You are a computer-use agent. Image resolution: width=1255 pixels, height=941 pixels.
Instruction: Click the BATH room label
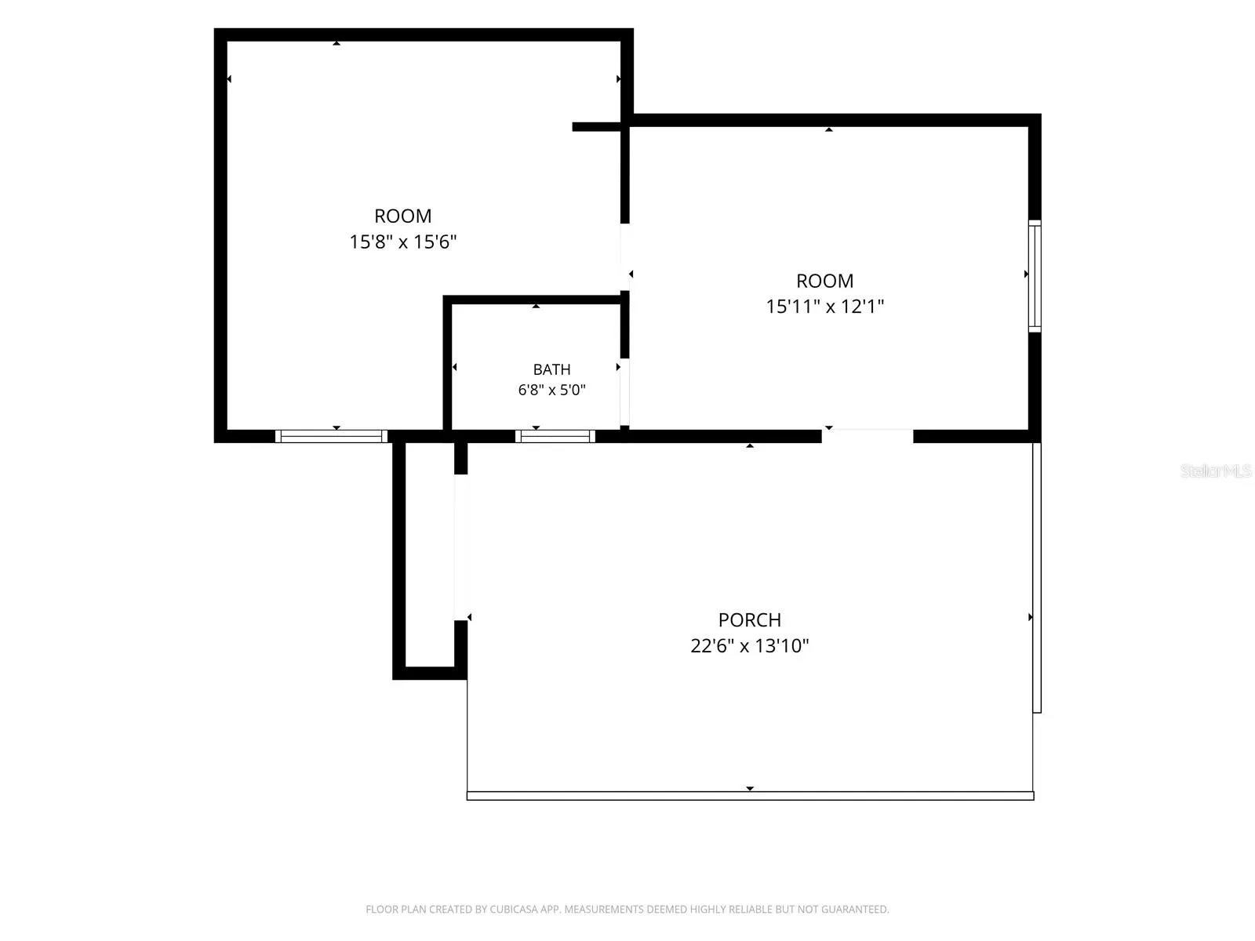(x=551, y=369)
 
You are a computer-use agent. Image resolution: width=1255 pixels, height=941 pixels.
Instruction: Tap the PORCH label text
(x=749, y=620)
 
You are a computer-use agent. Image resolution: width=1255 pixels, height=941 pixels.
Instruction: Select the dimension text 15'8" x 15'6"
(x=402, y=242)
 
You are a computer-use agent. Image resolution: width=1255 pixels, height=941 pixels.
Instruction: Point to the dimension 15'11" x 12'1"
(x=824, y=307)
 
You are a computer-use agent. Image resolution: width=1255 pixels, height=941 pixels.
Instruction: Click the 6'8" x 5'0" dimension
(x=551, y=391)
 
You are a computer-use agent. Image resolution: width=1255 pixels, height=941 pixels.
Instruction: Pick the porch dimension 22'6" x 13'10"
(x=749, y=646)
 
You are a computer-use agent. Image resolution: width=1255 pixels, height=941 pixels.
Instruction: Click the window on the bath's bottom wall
(x=555, y=437)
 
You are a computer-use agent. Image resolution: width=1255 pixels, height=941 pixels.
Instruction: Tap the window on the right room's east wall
(x=1035, y=276)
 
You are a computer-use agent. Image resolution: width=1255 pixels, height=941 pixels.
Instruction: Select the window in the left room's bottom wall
(x=331, y=437)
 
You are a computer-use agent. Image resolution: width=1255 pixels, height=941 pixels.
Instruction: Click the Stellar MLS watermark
(x=1216, y=470)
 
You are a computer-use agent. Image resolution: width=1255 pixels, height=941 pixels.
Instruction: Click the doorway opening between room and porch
(x=867, y=436)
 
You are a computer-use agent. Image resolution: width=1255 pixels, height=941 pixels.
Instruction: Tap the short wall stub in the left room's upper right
(x=596, y=127)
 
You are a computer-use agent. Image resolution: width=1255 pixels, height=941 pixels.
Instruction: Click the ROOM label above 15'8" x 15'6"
(x=402, y=216)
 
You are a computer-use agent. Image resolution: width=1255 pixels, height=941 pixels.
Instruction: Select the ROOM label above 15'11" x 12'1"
(x=824, y=281)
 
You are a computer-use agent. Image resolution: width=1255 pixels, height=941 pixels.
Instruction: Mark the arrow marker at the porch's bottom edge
(x=750, y=788)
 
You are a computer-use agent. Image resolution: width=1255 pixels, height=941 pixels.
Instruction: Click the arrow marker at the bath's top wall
(x=536, y=307)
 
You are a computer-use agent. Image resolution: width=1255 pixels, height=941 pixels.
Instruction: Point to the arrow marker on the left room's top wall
(x=336, y=43)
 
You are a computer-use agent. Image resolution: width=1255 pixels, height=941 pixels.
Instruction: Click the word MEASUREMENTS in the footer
(x=604, y=909)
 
